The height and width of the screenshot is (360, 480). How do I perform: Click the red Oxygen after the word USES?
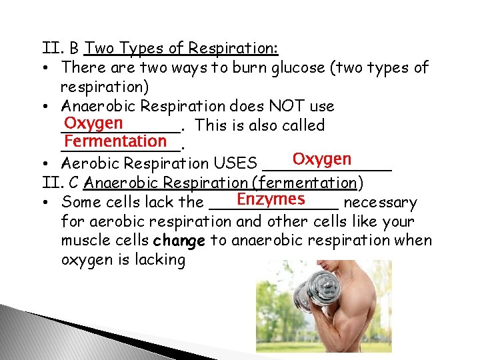(321, 159)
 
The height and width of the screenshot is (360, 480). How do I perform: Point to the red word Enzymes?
(271, 199)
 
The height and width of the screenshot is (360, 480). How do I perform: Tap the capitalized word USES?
(236, 163)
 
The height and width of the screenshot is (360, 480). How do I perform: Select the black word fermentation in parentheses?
(307, 183)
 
